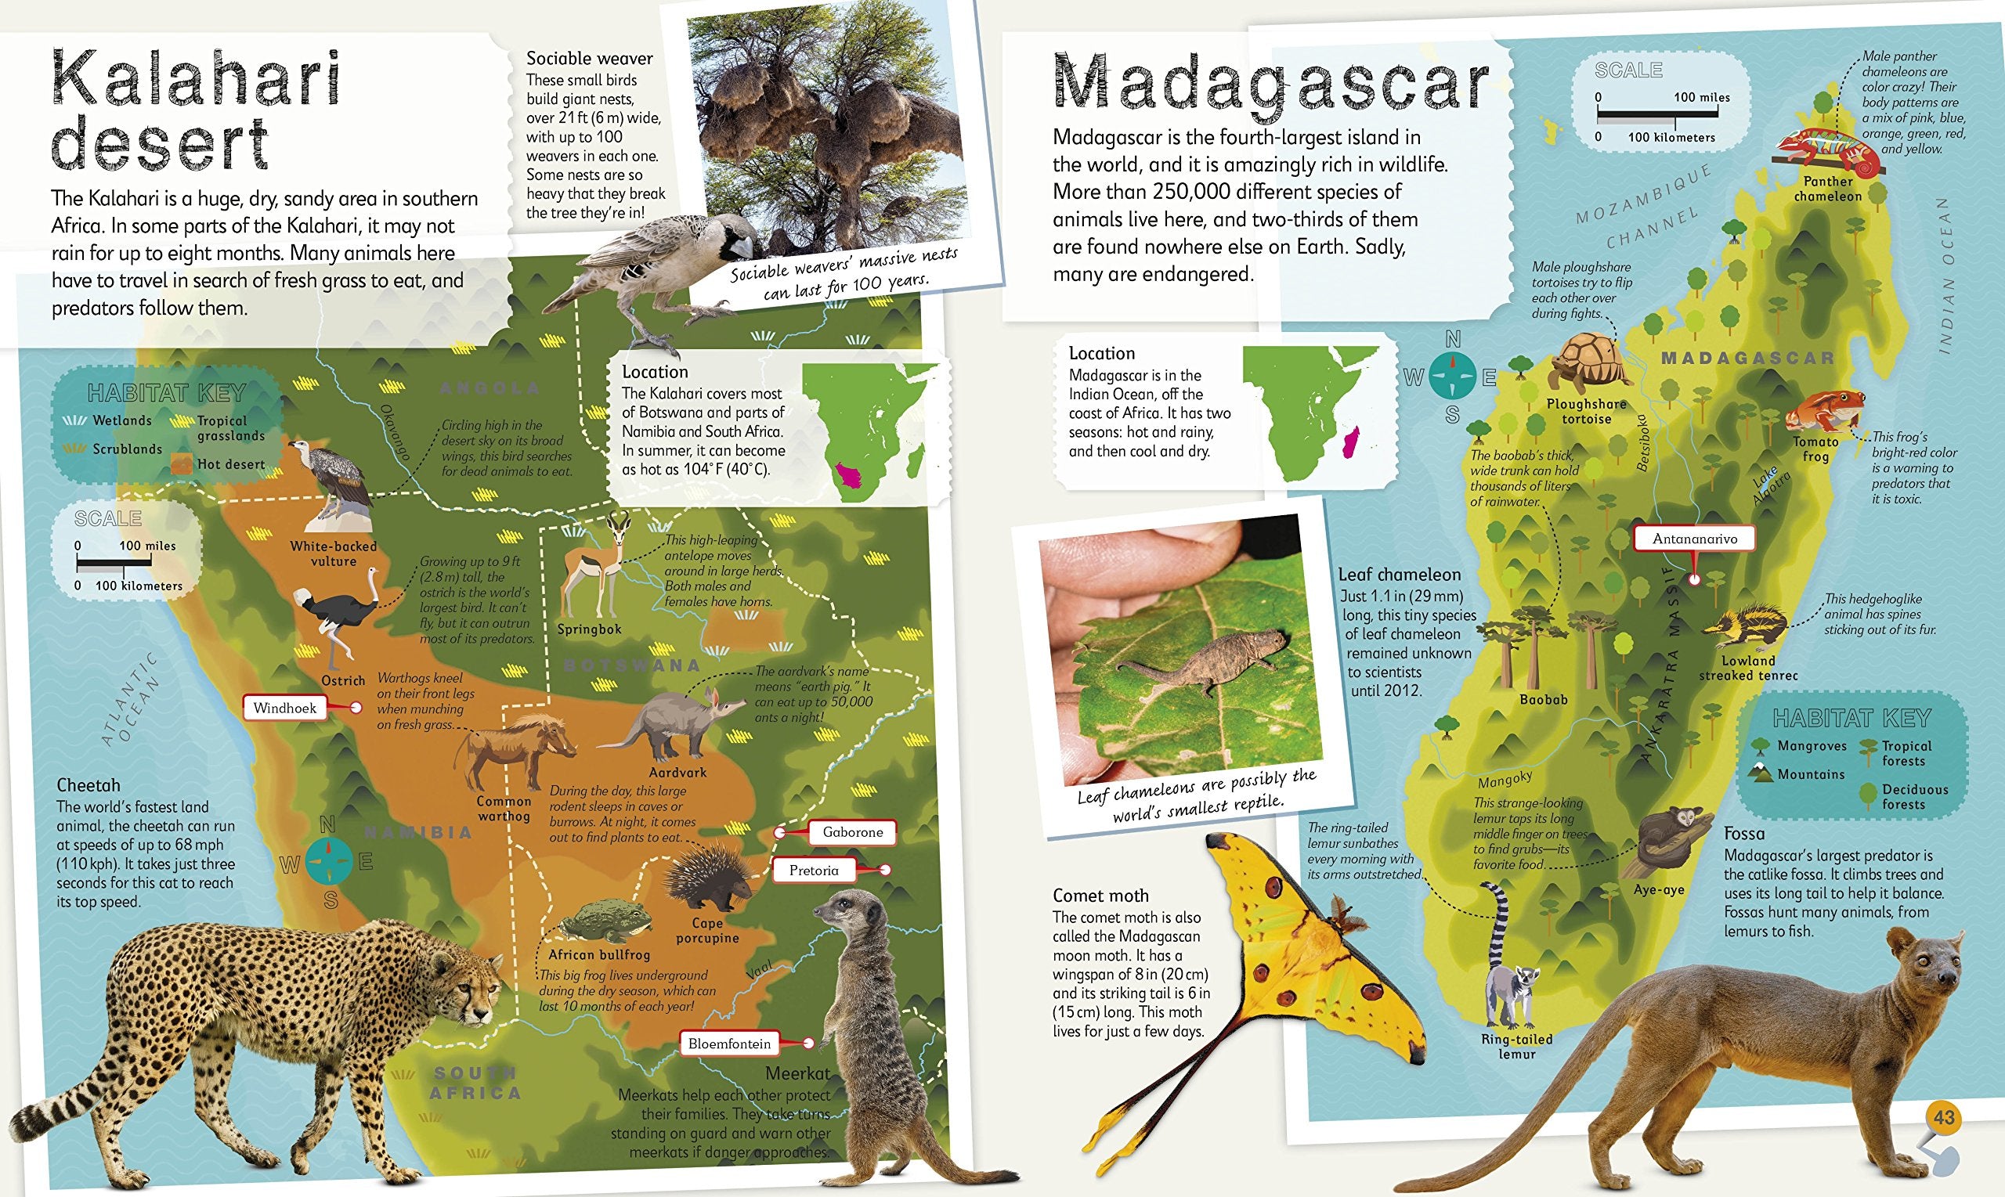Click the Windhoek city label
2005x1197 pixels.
tap(285, 708)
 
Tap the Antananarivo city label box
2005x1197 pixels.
tap(1694, 539)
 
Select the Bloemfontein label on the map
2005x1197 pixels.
tap(729, 1044)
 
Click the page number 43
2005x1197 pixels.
tap(1945, 1118)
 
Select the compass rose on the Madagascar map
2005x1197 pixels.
tap(1452, 377)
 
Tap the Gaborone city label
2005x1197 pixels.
tap(852, 832)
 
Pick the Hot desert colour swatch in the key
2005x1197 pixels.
tap(183, 464)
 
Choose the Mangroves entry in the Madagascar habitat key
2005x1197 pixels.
tap(1800, 746)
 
